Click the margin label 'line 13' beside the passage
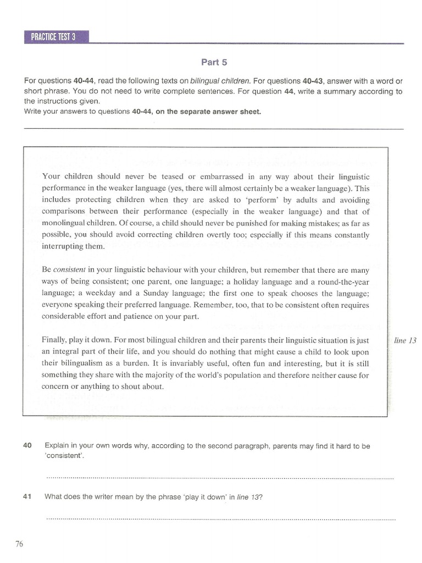point(406,340)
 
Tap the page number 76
point(19,544)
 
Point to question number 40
point(27,446)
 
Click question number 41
point(27,496)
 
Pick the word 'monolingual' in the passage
point(64,223)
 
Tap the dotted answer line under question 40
point(220,478)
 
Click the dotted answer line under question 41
point(220,518)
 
